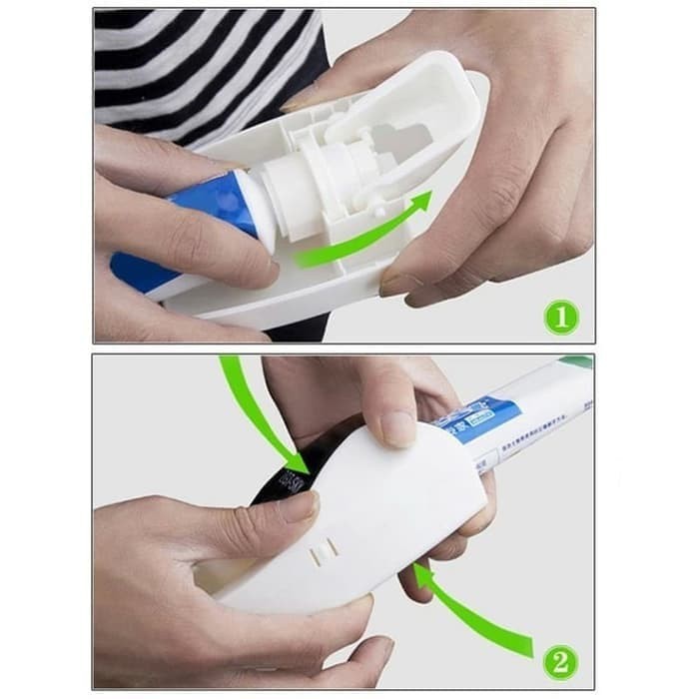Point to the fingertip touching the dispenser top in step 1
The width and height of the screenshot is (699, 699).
(x=300, y=100)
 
